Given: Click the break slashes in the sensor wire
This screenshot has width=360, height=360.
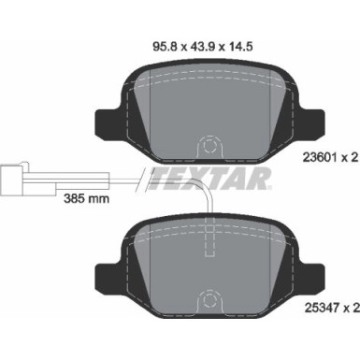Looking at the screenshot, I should pos(141,176).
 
